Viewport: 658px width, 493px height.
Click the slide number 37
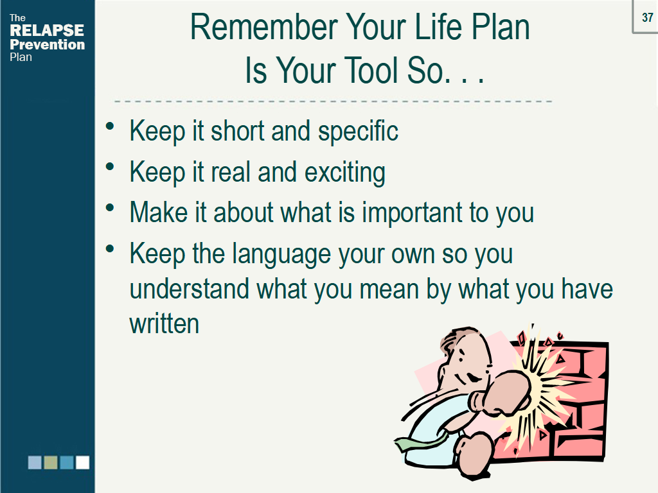(x=648, y=17)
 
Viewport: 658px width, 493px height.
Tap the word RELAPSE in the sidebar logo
(x=46, y=30)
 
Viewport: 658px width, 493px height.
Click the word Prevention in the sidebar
(x=47, y=44)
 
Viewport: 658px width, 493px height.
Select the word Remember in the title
(x=264, y=27)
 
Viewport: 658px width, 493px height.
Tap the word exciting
(x=344, y=173)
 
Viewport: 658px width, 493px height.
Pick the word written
(x=164, y=324)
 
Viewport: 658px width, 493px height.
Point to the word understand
(x=190, y=289)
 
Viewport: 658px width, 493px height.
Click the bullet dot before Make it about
(x=110, y=207)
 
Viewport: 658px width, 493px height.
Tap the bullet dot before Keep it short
(x=110, y=126)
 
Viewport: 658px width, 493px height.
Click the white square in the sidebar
(x=82, y=462)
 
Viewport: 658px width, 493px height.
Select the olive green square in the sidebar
(x=50, y=462)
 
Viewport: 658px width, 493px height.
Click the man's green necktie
(x=420, y=442)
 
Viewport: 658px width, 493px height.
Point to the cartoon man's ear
(x=488, y=368)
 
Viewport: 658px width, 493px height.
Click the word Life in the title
(x=438, y=27)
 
